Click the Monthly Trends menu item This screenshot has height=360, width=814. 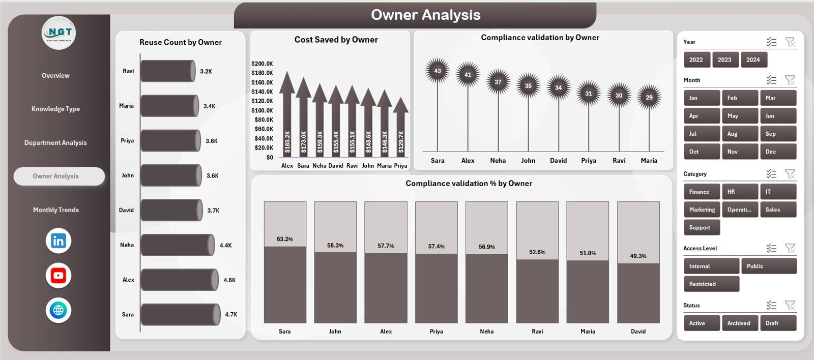pos(56,210)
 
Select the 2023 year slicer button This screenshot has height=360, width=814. pos(724,60)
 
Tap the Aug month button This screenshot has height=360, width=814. pos(739,134)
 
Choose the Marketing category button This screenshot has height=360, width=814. pos(702,209)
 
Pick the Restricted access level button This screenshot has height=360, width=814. pos(711,284)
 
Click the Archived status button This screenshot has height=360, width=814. pos(739,323)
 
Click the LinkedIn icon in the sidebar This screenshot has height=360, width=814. pos(59,241)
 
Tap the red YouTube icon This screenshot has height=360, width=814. pos(59,276)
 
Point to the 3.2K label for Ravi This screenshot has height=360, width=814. pos(206,72)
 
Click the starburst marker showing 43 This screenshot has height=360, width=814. pos(438,71)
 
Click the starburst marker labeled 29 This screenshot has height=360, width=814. pos(649,97)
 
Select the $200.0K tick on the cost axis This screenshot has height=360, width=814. pos(262,64)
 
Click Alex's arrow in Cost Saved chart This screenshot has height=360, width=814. pos(287,117)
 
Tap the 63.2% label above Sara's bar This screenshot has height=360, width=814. pos(285,239)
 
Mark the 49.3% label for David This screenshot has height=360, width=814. pos(638,256)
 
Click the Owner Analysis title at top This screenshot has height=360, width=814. pos(425,15)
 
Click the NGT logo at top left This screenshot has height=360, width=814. pos(59,33)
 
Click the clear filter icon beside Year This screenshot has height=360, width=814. pos(790,42)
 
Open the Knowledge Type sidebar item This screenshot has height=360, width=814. pos(56,109)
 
